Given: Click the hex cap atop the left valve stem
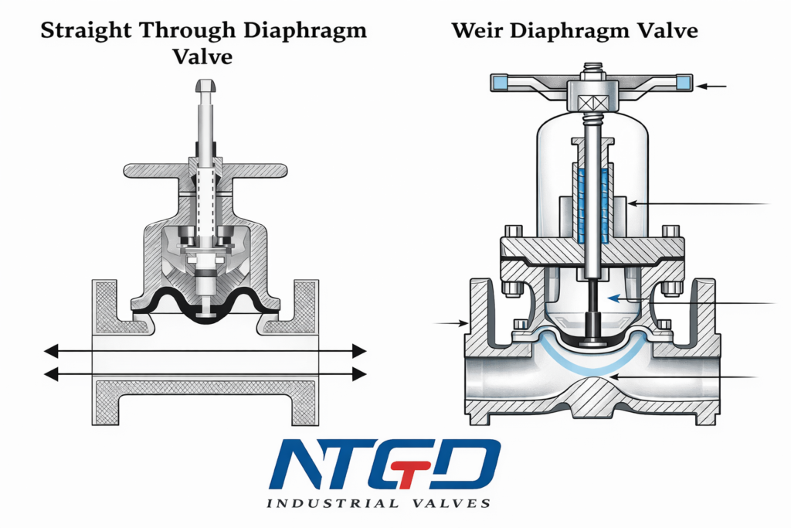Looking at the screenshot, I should pos(206,86).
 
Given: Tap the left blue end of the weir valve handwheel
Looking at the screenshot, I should pos(499,81).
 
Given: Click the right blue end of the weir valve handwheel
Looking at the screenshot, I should pos(683,81).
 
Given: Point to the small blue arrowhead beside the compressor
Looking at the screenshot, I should pos(611,298).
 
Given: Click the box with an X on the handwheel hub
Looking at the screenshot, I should pos(591,99).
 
